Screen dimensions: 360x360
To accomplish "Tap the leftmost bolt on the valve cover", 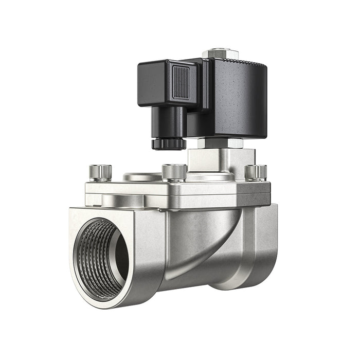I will (x=100, y=172).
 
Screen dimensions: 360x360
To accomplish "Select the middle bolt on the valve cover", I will (x=174, y=172).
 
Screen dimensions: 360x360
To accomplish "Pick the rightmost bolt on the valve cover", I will (x=256, y=172).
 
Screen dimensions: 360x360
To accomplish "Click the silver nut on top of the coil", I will (x=221, y=53).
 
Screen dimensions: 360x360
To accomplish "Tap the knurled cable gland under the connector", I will (x=169, y=143).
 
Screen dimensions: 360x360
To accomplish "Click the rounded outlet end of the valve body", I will (x=262, y=247).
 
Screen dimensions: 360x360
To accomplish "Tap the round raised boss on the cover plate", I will (x=141, y=177).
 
